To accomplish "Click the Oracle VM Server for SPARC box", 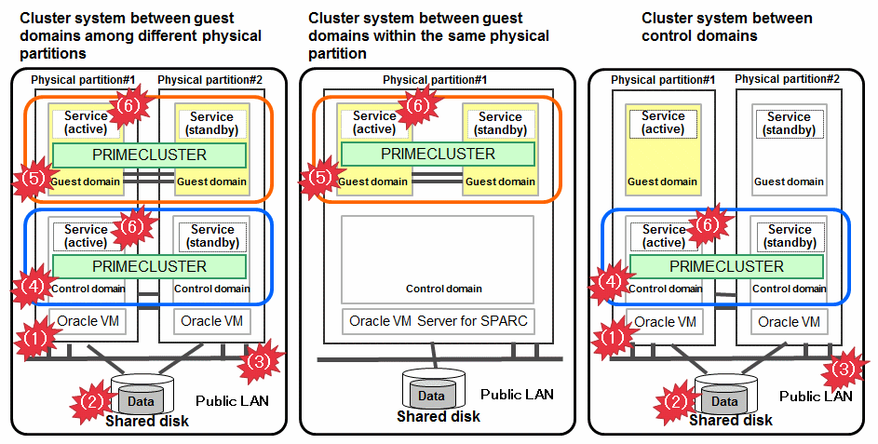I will (x=438, y=322).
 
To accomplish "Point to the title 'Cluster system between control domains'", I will (x=726, y=26).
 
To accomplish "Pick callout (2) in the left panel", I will (x=91, y=401).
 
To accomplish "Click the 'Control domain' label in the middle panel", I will (x=443, y=289).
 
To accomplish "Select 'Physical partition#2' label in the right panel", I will (x=787, y=79).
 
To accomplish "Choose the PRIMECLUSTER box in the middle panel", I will (x=438, y=154).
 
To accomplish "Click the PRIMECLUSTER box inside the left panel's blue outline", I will (x=149, y=266).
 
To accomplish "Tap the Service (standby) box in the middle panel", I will (x=500, y=124).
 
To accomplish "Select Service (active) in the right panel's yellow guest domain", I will (x=663, y=123).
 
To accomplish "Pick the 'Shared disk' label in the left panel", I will (x=147, y=421).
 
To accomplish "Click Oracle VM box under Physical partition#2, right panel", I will (x=790, y=322).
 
